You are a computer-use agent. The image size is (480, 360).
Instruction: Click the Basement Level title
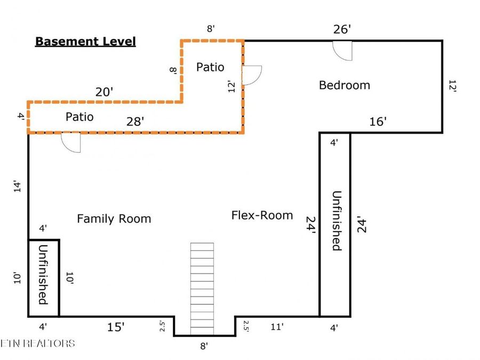pos(85,41)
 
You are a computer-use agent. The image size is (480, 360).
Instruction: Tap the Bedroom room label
pos(345,85)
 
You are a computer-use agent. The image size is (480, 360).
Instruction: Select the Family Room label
pos(114,219)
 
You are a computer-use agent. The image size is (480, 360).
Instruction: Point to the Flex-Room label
pos(262,215)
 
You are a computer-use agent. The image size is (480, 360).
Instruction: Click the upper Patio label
pos(210,67)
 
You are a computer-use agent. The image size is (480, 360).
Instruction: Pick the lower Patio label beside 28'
pos(79,117)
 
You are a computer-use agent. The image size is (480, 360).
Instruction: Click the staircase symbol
pos(202,289)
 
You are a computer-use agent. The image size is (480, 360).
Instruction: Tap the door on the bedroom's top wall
pos(342,51)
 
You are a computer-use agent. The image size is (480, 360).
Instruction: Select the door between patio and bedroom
pos(252,75)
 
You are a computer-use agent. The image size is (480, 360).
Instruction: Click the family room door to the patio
pos(71,142)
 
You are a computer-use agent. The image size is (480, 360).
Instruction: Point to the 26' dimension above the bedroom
pos(342,29)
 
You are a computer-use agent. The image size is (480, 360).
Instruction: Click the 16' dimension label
pos(378,122)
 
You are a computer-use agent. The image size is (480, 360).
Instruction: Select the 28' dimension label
pos(135,122)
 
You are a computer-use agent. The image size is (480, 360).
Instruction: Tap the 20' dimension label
pos(104,92)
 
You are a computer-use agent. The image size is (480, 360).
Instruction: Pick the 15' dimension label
pos(116,327)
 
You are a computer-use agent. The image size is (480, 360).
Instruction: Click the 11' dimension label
pos(277,327)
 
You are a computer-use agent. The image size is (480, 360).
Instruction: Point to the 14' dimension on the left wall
pos(18,187)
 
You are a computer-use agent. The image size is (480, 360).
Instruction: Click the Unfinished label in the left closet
pos(43,275)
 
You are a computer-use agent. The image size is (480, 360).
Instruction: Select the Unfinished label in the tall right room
pos(337,221)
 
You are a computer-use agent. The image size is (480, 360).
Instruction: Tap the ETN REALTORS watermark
pos(37,343)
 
